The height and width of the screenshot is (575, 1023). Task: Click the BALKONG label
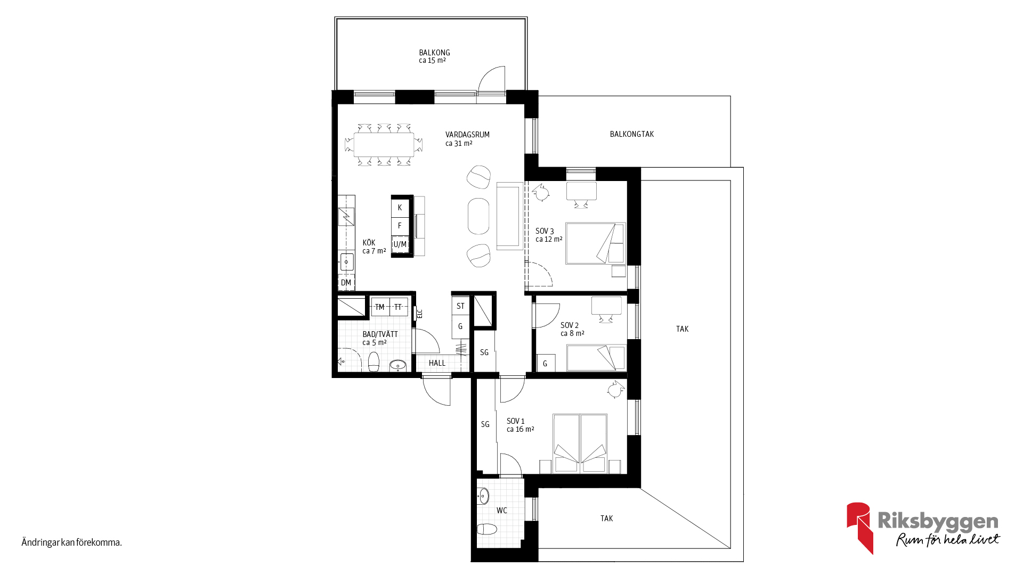(434, 53)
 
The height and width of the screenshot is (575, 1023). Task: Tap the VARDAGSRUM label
(467, 135)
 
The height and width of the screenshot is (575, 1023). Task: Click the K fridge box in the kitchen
(400, 208)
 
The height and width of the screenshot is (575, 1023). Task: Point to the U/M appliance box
(400, 244)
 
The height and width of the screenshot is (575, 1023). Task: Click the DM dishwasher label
(346, 283)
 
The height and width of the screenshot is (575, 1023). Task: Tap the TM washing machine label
(380, 307)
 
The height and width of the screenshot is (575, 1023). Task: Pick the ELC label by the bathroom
(420, 314)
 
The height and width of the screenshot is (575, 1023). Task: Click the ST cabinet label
(460, 306)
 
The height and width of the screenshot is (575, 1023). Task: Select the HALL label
(437, 363)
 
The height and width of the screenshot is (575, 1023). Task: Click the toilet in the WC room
(486, 529)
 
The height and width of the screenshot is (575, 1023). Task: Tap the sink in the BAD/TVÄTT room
(397, 365)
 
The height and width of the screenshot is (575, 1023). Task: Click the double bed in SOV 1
(580, 443)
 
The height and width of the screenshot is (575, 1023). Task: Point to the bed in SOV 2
(596, 357)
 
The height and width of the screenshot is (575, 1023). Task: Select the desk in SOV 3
(581, 191)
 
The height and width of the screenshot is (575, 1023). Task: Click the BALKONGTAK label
(631, 134)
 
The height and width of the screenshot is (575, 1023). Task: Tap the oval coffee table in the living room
(478, 216)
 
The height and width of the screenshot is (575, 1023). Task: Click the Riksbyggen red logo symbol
(859, 528)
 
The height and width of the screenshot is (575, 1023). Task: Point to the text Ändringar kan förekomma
(72, 543)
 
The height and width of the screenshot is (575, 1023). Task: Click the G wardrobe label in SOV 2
(545, 364)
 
